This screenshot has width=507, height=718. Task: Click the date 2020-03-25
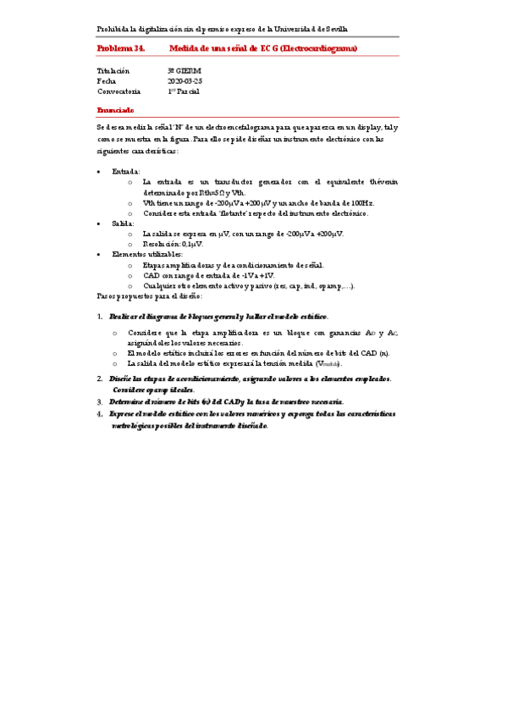click(x=185, y=80)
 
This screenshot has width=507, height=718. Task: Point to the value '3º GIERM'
click(x=185, y=70)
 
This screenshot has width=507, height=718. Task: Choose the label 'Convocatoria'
click(x=119, y=91)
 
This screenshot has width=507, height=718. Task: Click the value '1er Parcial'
click(x=184, y=91)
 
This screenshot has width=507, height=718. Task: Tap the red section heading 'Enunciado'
click(x=115, y=110)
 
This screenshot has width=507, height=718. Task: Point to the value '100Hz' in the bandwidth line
click(x=360, y=202)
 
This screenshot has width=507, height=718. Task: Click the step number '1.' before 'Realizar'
click(x=100, y=316)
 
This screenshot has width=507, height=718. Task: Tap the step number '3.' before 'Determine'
click(x=100, y=400)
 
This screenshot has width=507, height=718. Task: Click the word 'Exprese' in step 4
click(x=124, y=414)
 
